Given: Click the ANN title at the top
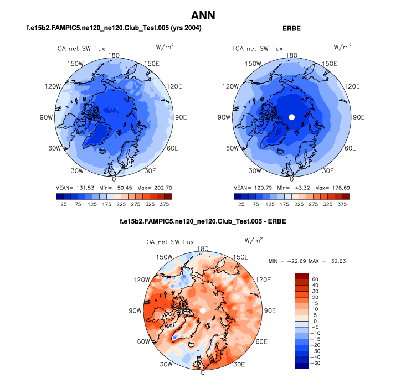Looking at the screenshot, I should pos(203,15).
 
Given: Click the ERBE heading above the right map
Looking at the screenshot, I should pos(291,28).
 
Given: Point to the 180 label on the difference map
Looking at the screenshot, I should pos(203,249).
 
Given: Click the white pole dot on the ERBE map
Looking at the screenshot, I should pos(291,117).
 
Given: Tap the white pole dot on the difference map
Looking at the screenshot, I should pos(203,311).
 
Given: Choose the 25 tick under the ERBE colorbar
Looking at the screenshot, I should pos(241,204).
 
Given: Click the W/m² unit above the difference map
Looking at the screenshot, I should pos(253,241).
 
